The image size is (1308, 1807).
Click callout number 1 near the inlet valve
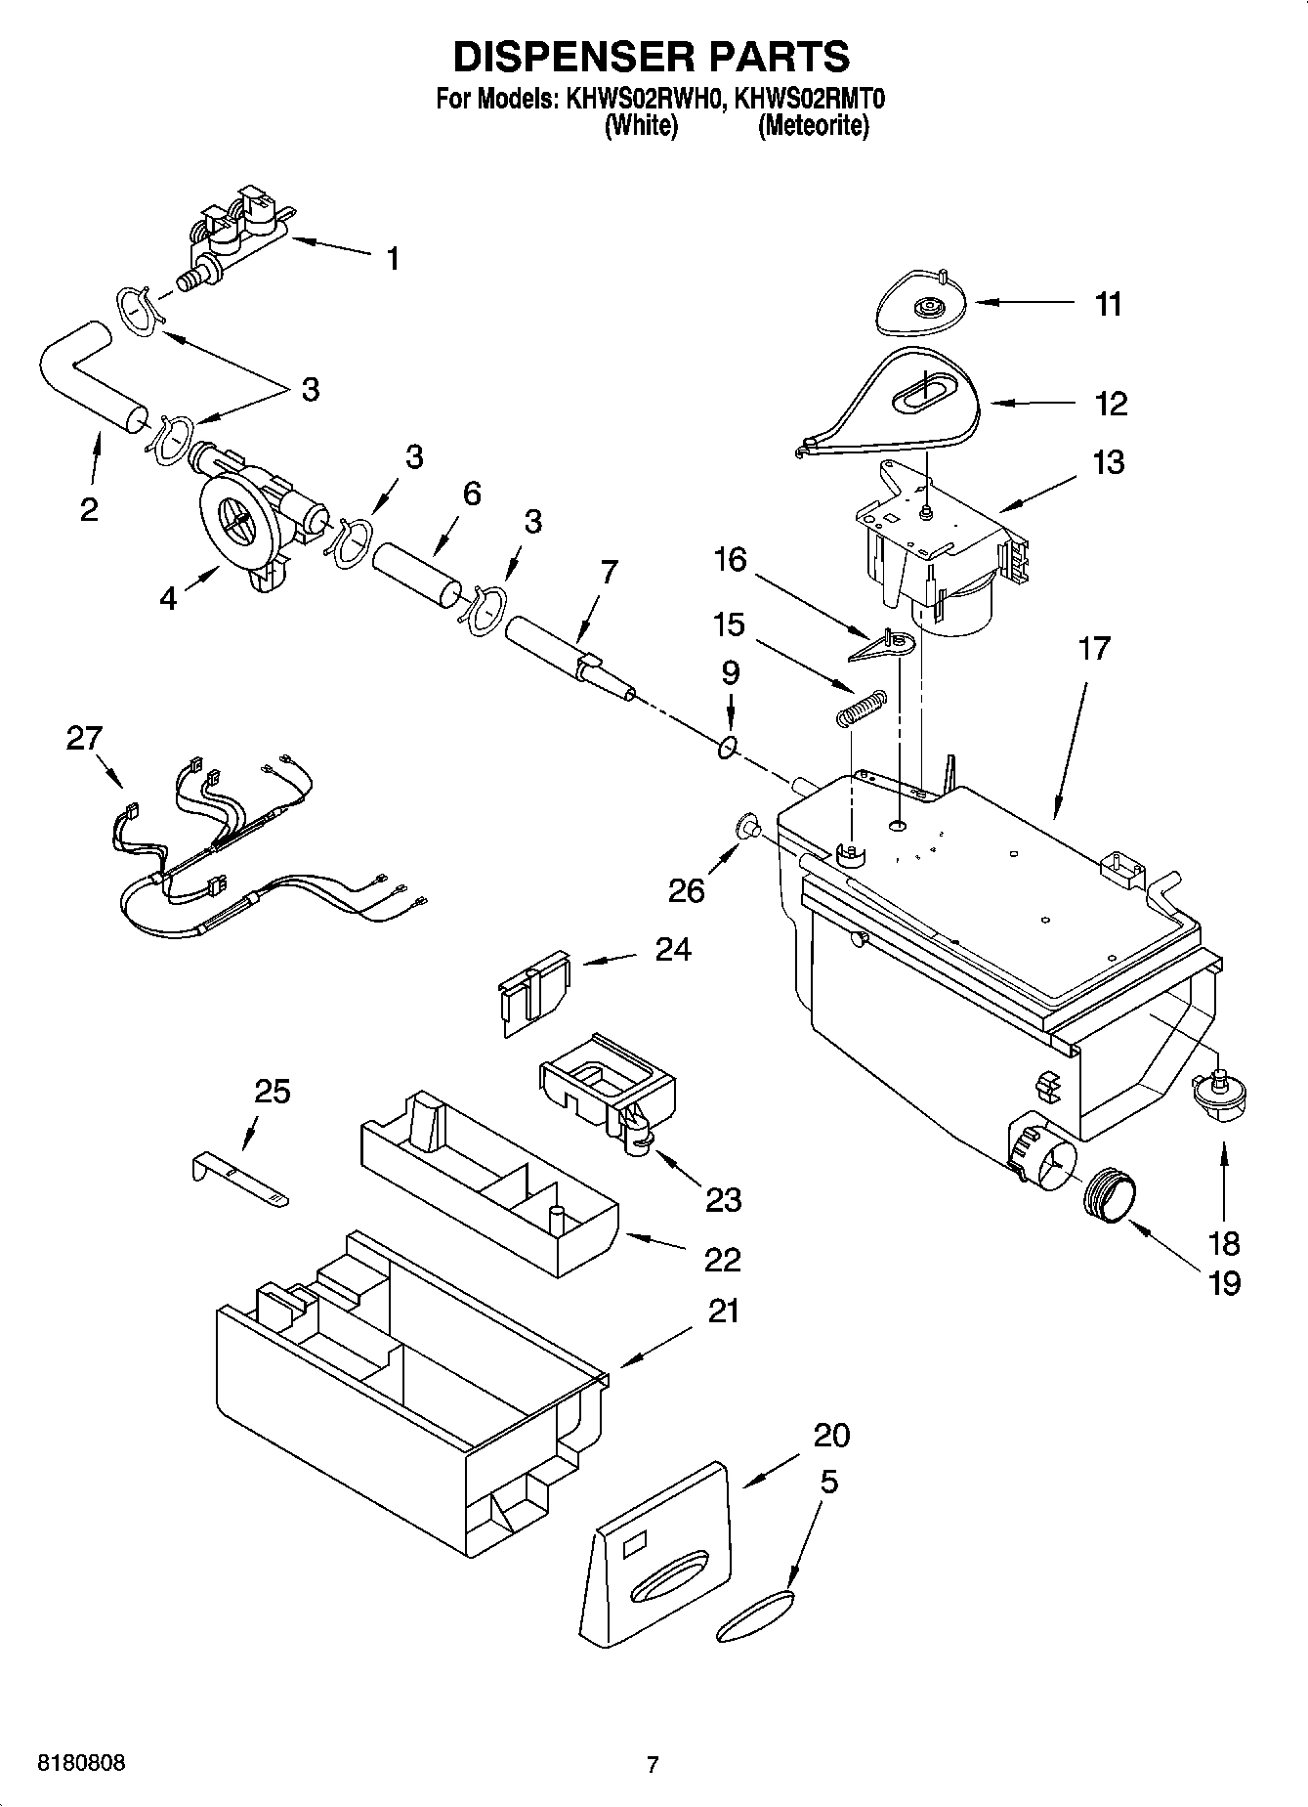392,259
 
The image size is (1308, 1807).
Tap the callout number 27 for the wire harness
84,738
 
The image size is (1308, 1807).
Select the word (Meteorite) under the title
813,126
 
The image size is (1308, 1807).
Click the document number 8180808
81,1763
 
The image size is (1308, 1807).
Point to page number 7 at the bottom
653,1764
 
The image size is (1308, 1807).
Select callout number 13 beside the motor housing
1109,461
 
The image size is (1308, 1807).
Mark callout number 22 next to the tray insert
722,1259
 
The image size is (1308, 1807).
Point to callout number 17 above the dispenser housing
1094,647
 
